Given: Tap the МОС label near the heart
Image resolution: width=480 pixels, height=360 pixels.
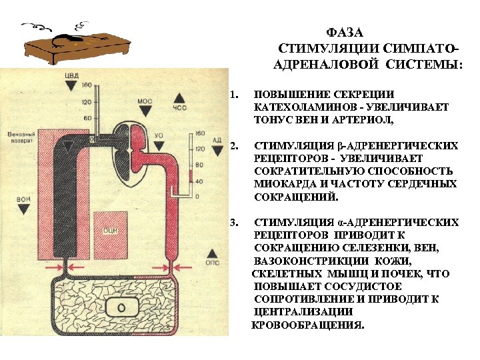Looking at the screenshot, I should [x=144, y=101].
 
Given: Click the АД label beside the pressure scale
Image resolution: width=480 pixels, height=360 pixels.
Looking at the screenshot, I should [x=216, y=141].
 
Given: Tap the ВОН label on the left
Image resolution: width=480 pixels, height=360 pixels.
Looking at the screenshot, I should [x=24, y=199].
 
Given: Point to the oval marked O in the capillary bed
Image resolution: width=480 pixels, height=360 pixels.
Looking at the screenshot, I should [x=121, y=307].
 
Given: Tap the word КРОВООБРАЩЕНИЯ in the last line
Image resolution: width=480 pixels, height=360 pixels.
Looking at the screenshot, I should [x=307, y=325].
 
